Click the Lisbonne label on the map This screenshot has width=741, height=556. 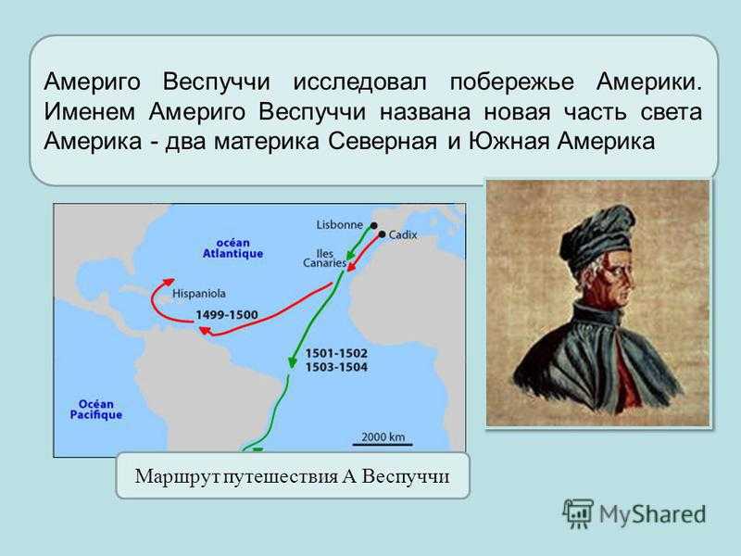pyautogui.click(x=339, y=224)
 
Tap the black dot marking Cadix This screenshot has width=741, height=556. pyautogui.click(x=382, y=234)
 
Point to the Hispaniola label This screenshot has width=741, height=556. pyautogui.click(x=198, y=294)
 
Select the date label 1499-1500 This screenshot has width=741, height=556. pyautogui.click(x=227, y=315)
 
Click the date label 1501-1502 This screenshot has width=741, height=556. pyautogui.click(x=336, y=353)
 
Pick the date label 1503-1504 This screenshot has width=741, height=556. pyautogui.click(x=336, y=367)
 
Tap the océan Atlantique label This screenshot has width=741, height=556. pyautogui.click(x=232, y=248)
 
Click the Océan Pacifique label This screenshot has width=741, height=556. pyautogui.click(x=96, y=410)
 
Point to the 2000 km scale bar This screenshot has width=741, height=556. pyautogui.click(x=383, y=444)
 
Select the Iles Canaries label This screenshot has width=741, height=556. pyautogui.click(x=325, y=259)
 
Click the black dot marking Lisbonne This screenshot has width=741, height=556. pyautogui.click(x=374, y=225)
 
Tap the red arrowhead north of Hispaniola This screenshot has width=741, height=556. pyautogui.click(x=168, y=282)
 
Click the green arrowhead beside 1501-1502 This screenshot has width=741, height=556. pyautogui.click(x=292, y=361)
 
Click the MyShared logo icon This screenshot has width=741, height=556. pyautogui.click(x=577, y=513)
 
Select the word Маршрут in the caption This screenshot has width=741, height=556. pyautogui.click(x=178, y=476)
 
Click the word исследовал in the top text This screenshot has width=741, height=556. pyautogui.click(x=359, y=82)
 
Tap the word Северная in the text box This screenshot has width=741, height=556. pyautogui.click(x=383, y=142)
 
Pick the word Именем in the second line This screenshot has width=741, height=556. pyautogui.click(x=89, y=112)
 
